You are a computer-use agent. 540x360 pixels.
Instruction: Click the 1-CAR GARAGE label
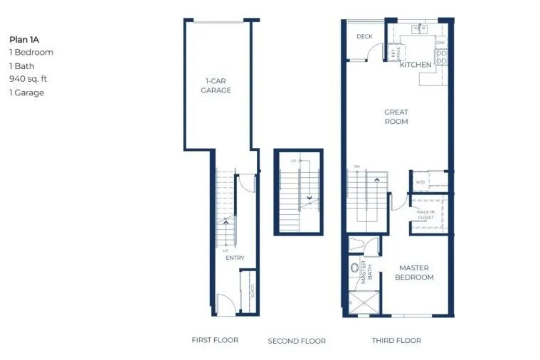pos(216,85)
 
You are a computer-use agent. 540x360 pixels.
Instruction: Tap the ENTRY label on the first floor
pos(235,258)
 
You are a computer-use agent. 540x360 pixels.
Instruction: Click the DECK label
pos(364,36)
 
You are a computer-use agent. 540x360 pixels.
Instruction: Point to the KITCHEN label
pos(415,65)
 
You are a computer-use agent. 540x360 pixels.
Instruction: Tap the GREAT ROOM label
pos(396,117)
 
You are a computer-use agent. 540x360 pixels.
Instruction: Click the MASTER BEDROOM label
pos(414,272)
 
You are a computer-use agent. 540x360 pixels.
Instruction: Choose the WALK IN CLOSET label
pos(425,214)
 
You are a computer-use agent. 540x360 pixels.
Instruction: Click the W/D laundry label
pos(419,181)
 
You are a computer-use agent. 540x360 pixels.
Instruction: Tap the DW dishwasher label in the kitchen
pos(440,43)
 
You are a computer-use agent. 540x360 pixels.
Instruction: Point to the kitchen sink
pos(419,28)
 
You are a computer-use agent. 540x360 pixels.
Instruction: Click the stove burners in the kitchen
pos(441,57)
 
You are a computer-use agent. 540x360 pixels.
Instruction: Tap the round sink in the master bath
pos(355,269)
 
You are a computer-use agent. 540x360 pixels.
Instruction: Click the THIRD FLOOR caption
pos(396,341)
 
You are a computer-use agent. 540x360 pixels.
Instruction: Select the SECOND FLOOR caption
pos(297,342)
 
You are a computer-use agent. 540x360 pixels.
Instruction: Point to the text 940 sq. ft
pos(31,79)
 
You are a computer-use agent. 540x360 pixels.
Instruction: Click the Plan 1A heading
pos(23,39)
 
